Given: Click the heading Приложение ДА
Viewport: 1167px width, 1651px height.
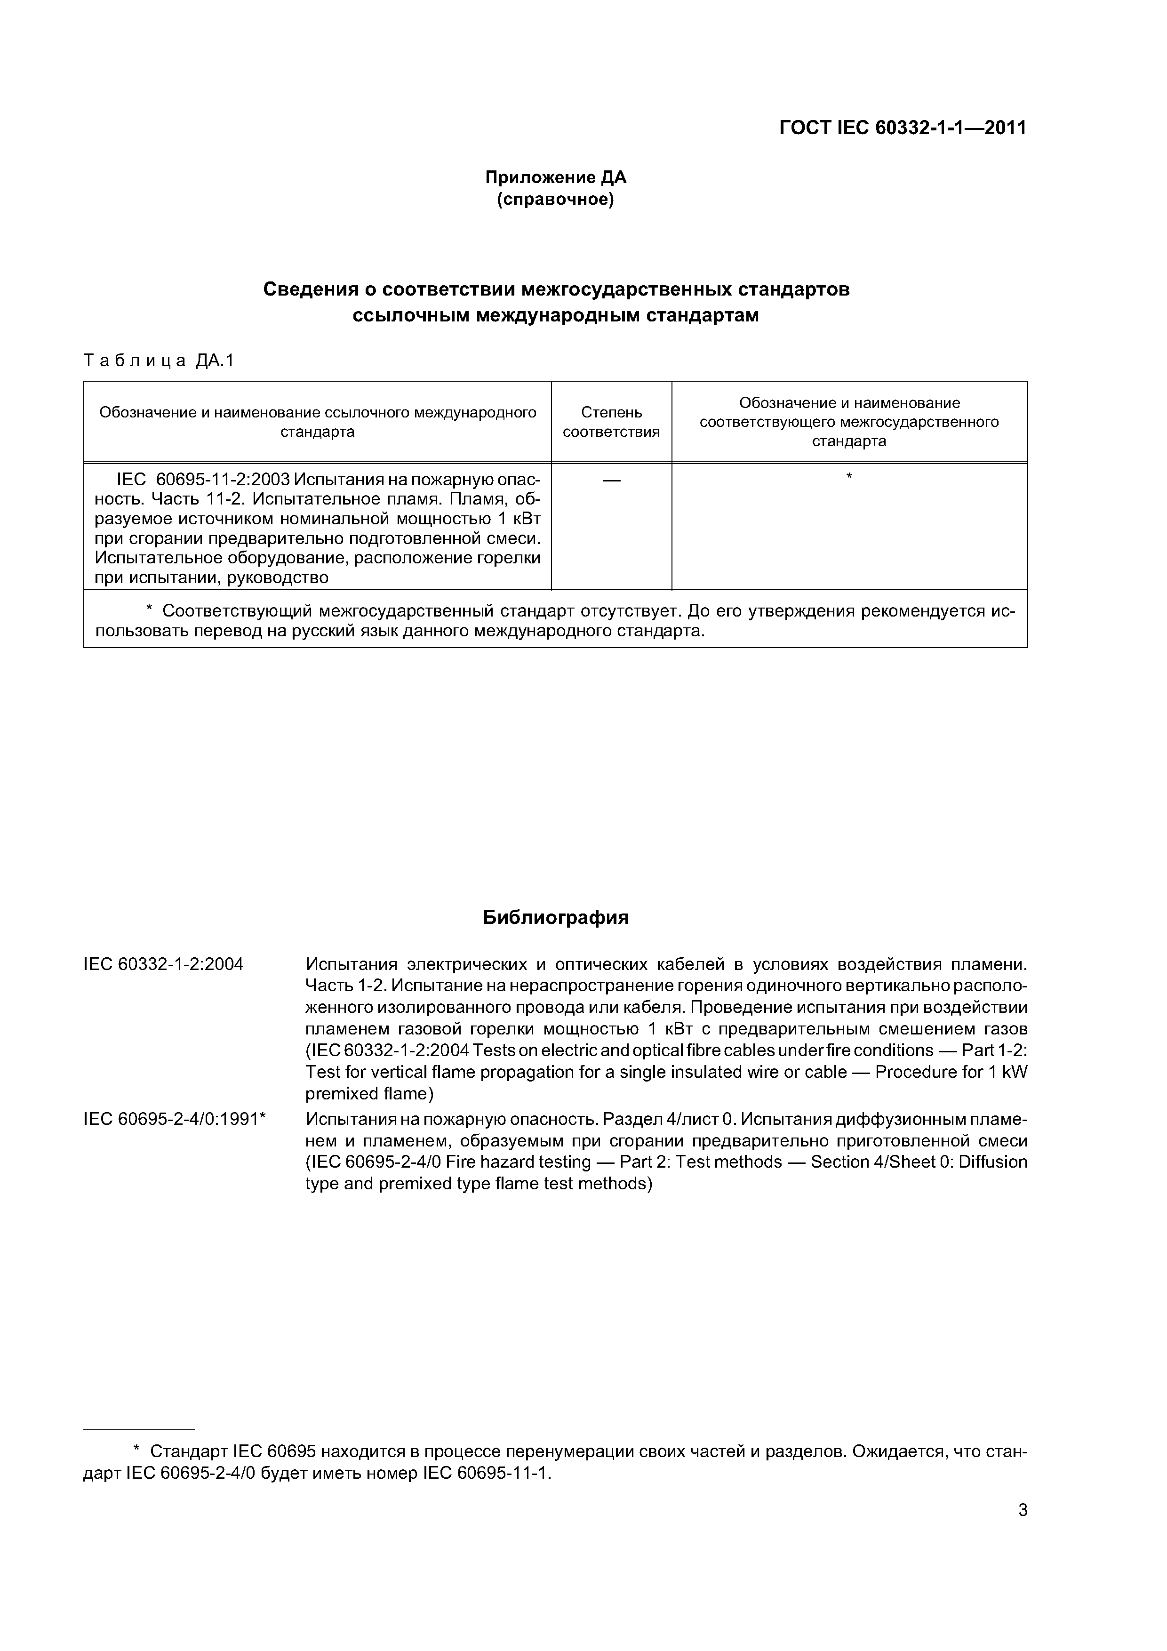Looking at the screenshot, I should tap(555, 177).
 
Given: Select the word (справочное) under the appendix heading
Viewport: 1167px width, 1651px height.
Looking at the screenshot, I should tap(555, 199).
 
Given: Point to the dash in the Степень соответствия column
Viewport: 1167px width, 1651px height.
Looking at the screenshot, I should tap(611, 480).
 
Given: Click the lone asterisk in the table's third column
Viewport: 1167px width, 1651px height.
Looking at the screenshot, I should tap(849, 477).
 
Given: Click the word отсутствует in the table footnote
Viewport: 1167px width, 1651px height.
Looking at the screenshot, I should tap(630, 611).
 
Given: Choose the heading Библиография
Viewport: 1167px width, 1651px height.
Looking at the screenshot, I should tap(555, 918).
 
